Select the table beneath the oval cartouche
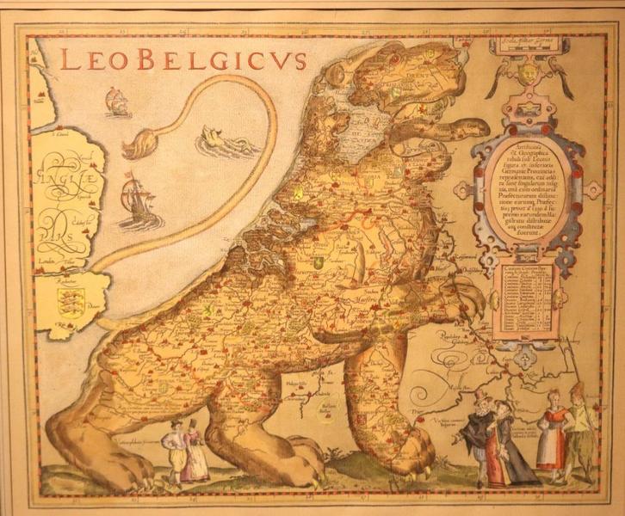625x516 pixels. pyautogui.click(x=521, y=301)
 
